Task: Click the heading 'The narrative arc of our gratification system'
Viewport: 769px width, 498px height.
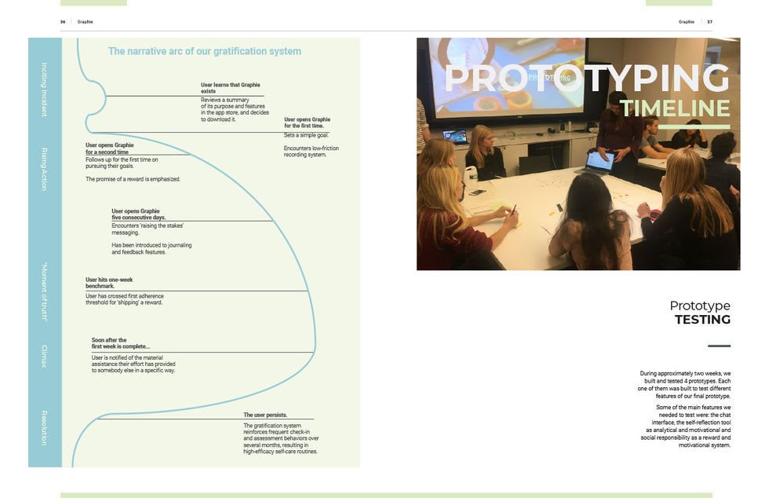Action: tap(204, 52)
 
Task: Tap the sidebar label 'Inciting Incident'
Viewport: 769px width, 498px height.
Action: tap(44, 90)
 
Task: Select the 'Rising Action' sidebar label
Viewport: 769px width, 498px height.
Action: tap(44, 169)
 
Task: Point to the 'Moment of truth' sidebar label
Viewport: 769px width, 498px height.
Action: tap(44, 291)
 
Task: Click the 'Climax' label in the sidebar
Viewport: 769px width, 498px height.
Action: tap(44, 356)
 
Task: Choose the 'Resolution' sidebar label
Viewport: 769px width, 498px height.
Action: tap(44, 427)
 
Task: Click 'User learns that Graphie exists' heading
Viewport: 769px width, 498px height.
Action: tap(230, 88)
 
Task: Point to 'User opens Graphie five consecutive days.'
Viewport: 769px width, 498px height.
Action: tap(138, 214)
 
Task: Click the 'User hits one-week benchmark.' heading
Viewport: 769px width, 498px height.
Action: tap(111, 283)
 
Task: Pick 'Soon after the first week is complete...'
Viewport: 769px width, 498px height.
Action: tap(120, 343)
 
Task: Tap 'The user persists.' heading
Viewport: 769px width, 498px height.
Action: tap(265, 415)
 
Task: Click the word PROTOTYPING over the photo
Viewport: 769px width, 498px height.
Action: tap(586, 78)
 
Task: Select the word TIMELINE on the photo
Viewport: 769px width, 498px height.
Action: tap(674, 108)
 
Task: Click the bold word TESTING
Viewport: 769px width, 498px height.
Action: tap(702, 320)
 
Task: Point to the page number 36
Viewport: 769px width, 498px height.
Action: tap(63, 22)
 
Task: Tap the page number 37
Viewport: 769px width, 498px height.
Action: tap(709, 22)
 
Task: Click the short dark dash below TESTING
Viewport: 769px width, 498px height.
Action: tap(719, 346)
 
